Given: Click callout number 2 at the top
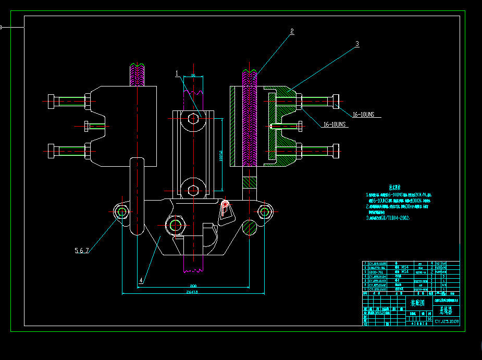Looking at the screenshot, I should point(292,31).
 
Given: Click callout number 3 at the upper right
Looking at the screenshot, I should point(357,44).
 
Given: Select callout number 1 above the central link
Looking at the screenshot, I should point(177,73).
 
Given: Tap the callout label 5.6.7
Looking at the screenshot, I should point(82,251).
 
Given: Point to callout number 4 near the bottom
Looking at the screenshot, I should point(141,280).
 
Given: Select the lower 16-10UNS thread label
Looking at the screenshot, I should point(335,125).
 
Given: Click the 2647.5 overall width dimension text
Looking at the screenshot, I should point(193,292).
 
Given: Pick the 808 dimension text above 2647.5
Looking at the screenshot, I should point(193,285).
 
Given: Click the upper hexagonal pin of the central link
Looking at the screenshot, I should point(193,118).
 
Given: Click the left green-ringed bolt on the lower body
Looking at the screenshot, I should point(123,212).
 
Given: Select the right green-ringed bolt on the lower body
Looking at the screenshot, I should point(265,211).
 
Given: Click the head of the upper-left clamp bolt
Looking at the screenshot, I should point(51,102).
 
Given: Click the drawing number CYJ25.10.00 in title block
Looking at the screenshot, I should point(447,322).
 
